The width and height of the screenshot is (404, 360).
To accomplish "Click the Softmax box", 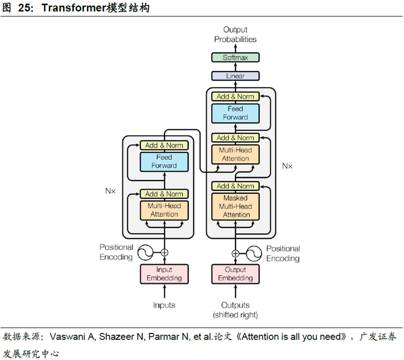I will [235, 58].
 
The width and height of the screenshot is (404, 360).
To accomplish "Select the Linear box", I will [235, 76].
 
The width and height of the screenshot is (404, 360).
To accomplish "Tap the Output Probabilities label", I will [235, 35].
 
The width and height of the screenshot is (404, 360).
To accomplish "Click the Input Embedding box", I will [164, 274].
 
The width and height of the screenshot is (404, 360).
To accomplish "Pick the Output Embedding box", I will [235, 274].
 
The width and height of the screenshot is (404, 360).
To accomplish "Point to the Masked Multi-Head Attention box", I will [235, 207].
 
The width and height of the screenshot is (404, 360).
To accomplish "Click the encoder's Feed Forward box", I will [164, 162].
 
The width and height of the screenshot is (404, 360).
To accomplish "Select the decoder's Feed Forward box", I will [235, 113].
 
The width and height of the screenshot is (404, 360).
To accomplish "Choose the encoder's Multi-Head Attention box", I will [164, 210].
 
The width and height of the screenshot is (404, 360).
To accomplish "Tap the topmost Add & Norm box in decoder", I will [235, 97].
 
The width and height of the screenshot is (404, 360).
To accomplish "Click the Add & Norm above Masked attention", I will [235, 186].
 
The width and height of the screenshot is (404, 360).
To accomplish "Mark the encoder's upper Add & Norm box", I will [164, 145].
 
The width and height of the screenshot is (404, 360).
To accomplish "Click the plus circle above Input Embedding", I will [164, 252].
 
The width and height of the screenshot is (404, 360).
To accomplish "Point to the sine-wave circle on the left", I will [144, 252].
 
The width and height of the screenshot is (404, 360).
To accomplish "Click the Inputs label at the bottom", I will [164, 305].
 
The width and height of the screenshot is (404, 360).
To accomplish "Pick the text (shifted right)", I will [235, 315].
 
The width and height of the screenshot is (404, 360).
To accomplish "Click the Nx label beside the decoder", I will [287, 166].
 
